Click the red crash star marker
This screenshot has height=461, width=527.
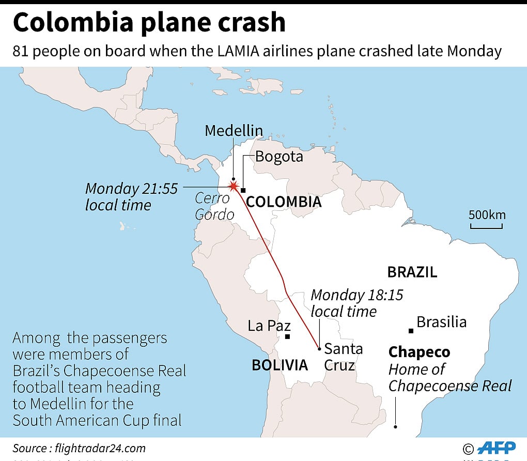(x=234, y=187)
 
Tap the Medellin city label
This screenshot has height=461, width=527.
(x=234, y=131)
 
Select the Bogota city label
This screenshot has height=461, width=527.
(x=279, y=156)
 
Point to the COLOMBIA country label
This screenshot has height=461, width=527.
(x=284, y=202)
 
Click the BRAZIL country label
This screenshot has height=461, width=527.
(x=412, y=272)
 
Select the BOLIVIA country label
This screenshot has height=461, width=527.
(x=280, y=365)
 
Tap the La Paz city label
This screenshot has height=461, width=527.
(x=269, y=326)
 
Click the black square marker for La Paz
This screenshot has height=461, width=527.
(x=288, y=337)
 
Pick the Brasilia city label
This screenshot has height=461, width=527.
(x=441, y=322)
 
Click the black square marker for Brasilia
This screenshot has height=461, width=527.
(x=411, y=331)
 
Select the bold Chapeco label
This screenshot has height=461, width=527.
(x=419, y=352)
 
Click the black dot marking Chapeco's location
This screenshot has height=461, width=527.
(x=395, y=427)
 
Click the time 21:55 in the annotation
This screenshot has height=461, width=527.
(x=157, y=189)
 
